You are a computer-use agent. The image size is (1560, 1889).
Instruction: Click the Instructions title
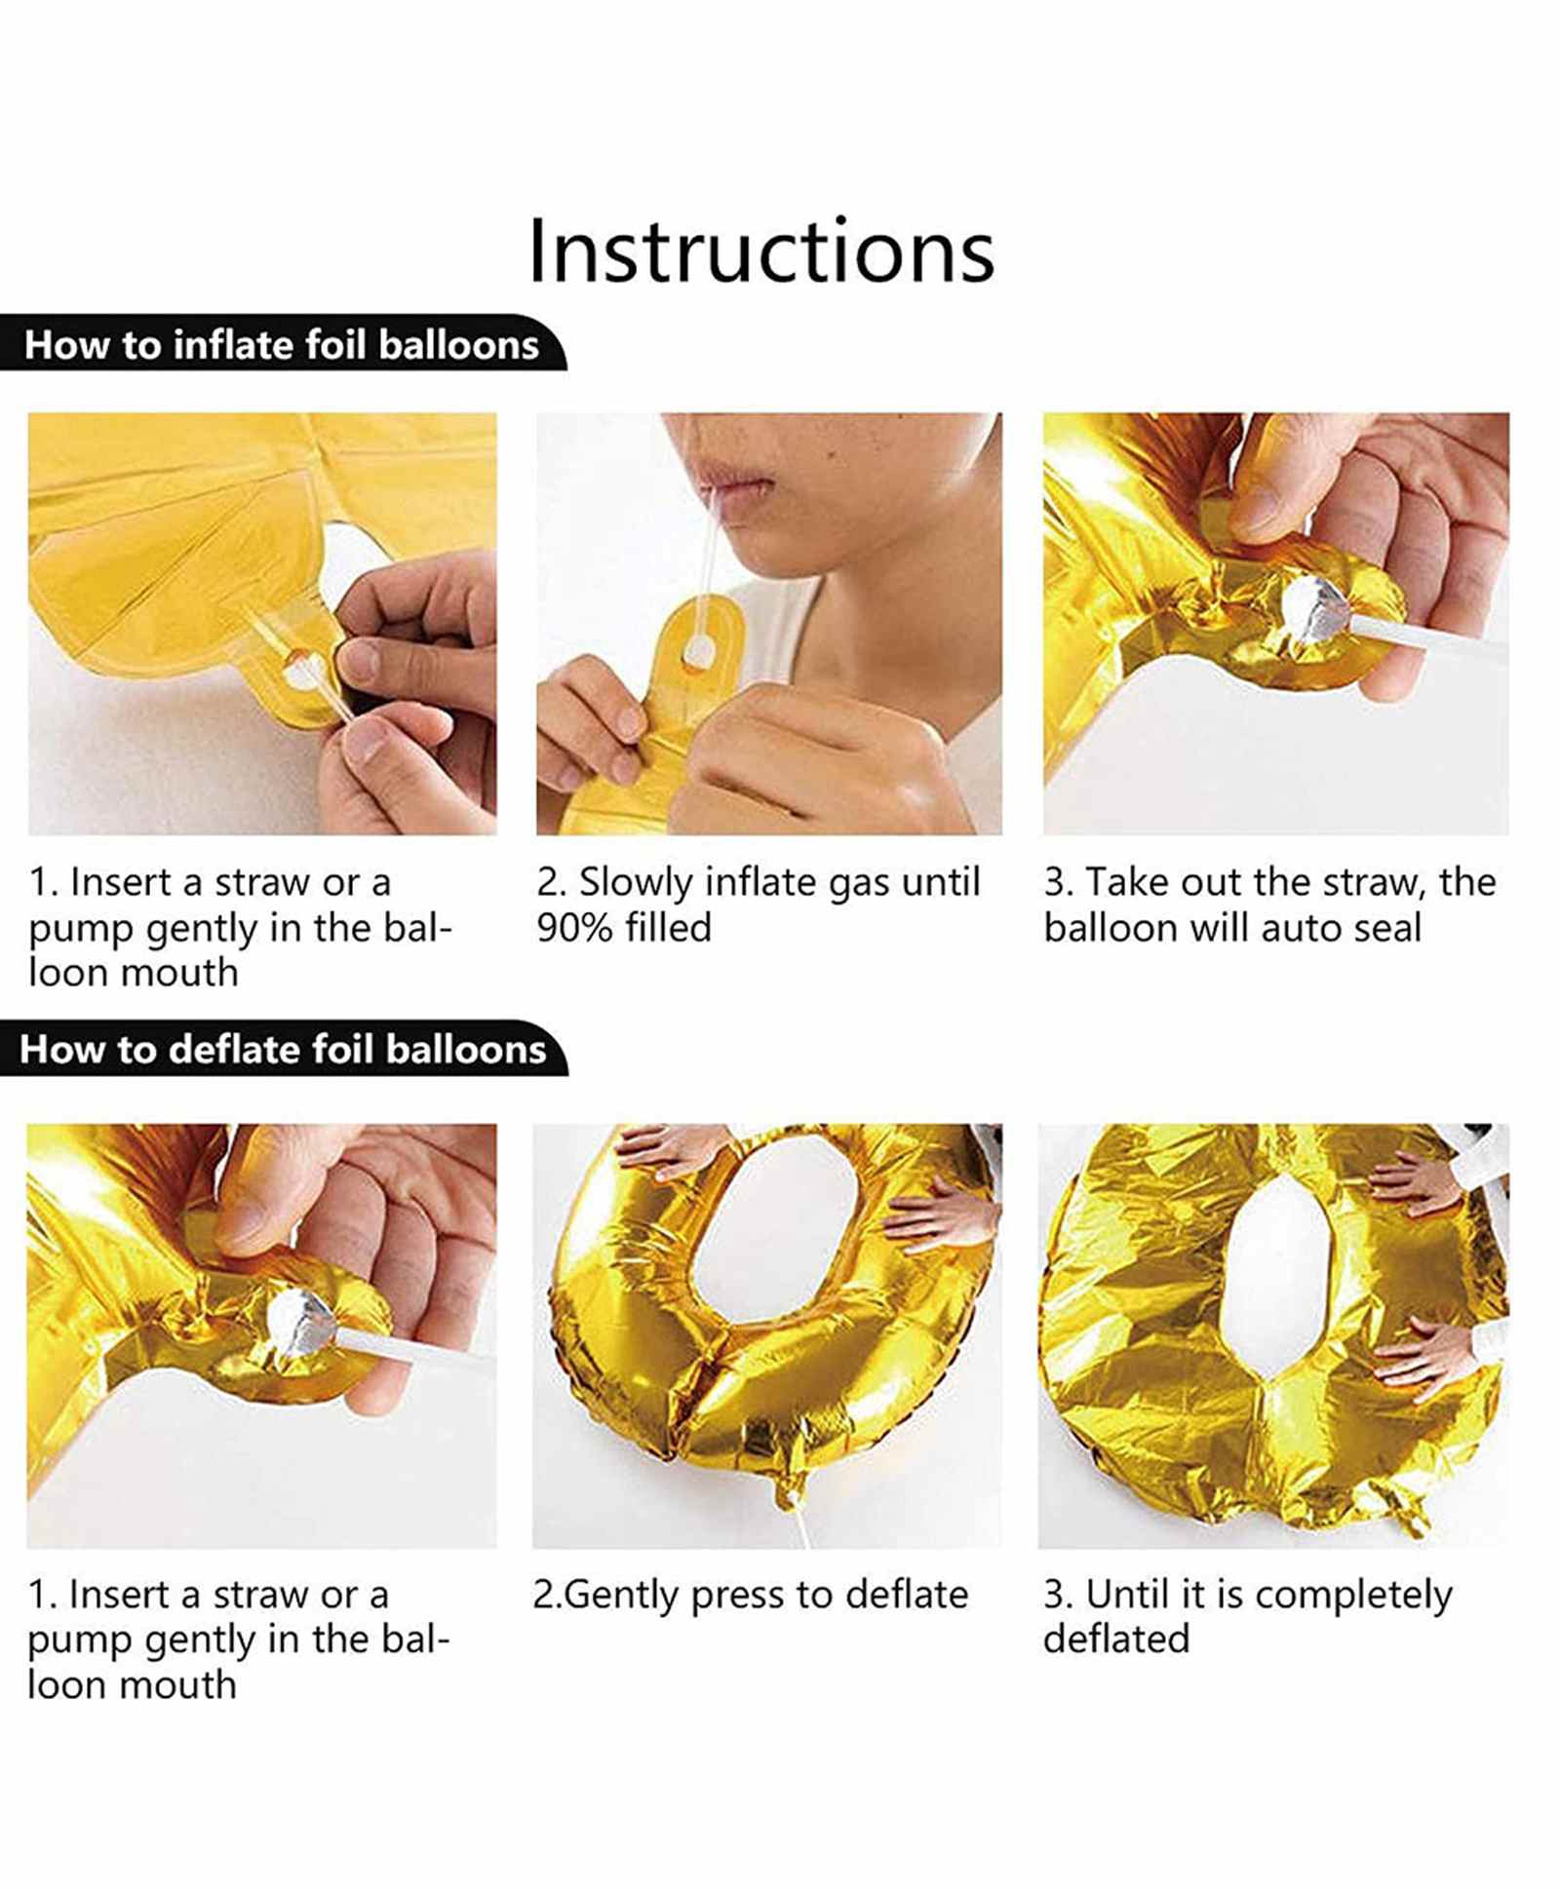click(760, 251)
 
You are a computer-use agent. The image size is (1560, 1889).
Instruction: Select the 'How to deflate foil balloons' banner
click(283, 1049)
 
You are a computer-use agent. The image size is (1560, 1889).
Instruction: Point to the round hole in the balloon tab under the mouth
click(697, 654)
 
